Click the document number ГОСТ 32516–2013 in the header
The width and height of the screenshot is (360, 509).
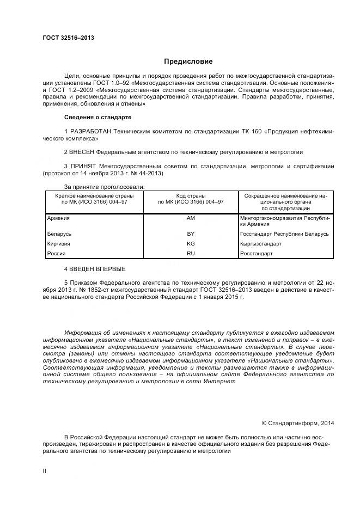(68, 38)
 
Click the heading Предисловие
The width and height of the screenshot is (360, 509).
(188, 62)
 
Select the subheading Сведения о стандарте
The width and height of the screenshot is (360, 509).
(97, 117)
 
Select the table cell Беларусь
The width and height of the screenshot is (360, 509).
(59, 234)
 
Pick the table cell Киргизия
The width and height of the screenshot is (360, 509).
(59, 243)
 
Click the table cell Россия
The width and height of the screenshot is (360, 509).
(57, 253)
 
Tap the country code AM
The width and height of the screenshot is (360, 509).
(191, 218)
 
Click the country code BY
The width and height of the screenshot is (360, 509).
(191, 234)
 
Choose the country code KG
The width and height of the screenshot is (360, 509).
(191, 243)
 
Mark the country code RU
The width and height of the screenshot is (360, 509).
(191, 253)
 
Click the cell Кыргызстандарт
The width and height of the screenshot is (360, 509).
(261, 243)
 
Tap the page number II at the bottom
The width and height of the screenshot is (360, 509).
(45, 471)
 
